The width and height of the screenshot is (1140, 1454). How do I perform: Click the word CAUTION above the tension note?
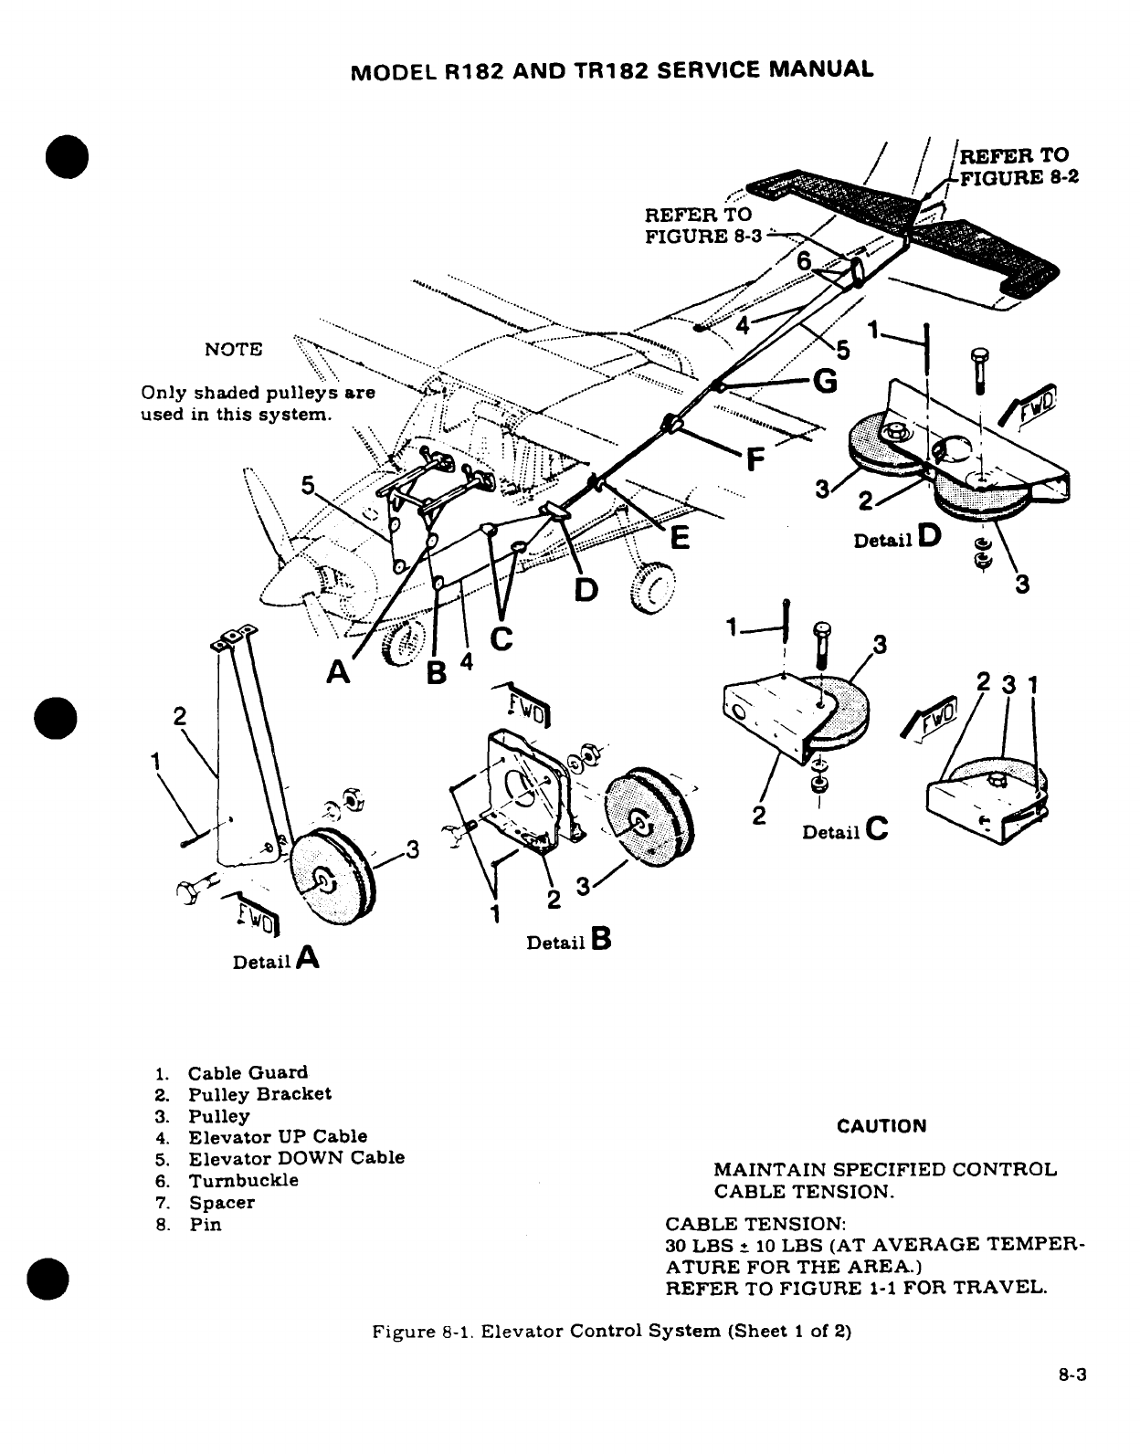click(x=881, y=1126)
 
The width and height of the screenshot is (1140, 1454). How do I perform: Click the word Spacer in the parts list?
click(x=222, y=1203)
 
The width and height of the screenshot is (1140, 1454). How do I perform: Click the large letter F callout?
click(x=755, y=459)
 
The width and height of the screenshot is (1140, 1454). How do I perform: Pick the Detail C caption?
click(x=845, y=830)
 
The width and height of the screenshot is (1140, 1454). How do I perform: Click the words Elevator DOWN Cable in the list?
click(x=296, y=1158)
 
